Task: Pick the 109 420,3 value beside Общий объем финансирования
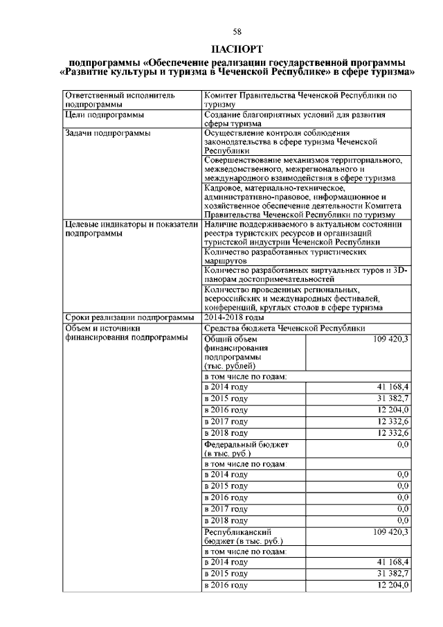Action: coord(390,339)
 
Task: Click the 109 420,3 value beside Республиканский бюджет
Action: coord(390,531)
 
